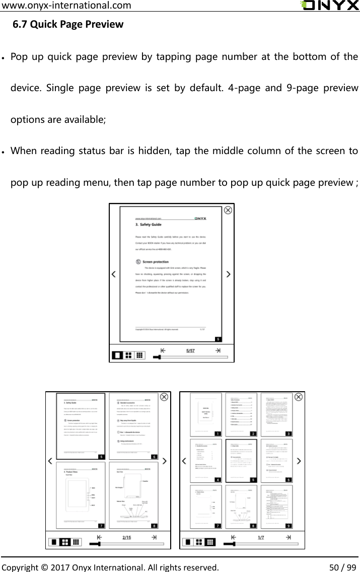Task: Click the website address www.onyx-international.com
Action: tap(66, 6)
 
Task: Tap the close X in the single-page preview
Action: tap(228, 210)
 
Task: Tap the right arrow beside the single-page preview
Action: tap(229, 274)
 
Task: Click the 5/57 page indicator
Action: tap(191, 350)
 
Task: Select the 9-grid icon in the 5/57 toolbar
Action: tap(140, 355)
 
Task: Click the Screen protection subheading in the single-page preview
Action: tap(156, 262)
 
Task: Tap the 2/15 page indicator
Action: tap(127, 537)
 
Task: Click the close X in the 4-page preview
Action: tap(164, 397)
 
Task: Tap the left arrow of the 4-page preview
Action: tap(50, 461)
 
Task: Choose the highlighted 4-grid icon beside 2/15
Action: tap(64, 542)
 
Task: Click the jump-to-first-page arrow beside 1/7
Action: tap(233, 537)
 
